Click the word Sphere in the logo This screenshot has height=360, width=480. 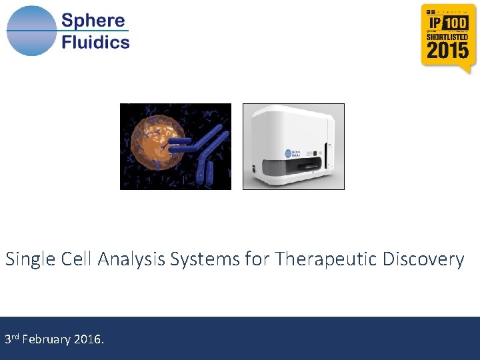click(93, 20)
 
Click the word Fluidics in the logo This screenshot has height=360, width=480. click(95, 43)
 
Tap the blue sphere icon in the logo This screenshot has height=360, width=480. click(31, 31)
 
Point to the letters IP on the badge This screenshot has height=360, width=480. click(434, 23)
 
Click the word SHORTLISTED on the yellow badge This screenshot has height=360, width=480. click(447, 37)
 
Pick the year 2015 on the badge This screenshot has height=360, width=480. click(447, 51)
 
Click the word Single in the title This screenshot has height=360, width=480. click(25, 259)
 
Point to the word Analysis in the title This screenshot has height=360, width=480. click(132, 259)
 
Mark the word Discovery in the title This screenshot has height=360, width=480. click(424, 259)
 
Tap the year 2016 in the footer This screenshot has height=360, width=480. click(87, 340)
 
